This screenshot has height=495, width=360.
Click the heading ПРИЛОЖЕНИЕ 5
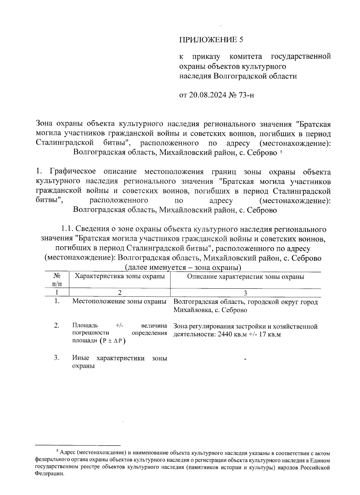[211, 40]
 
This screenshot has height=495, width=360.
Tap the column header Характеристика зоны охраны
[120, 276]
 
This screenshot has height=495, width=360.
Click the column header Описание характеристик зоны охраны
[245, 277]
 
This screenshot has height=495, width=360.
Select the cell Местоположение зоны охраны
[119, 301]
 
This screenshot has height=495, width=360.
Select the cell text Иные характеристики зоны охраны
[119, 362]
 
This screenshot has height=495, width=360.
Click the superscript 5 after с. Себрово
[280, 151]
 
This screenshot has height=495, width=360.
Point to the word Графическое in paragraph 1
[73, 172]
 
